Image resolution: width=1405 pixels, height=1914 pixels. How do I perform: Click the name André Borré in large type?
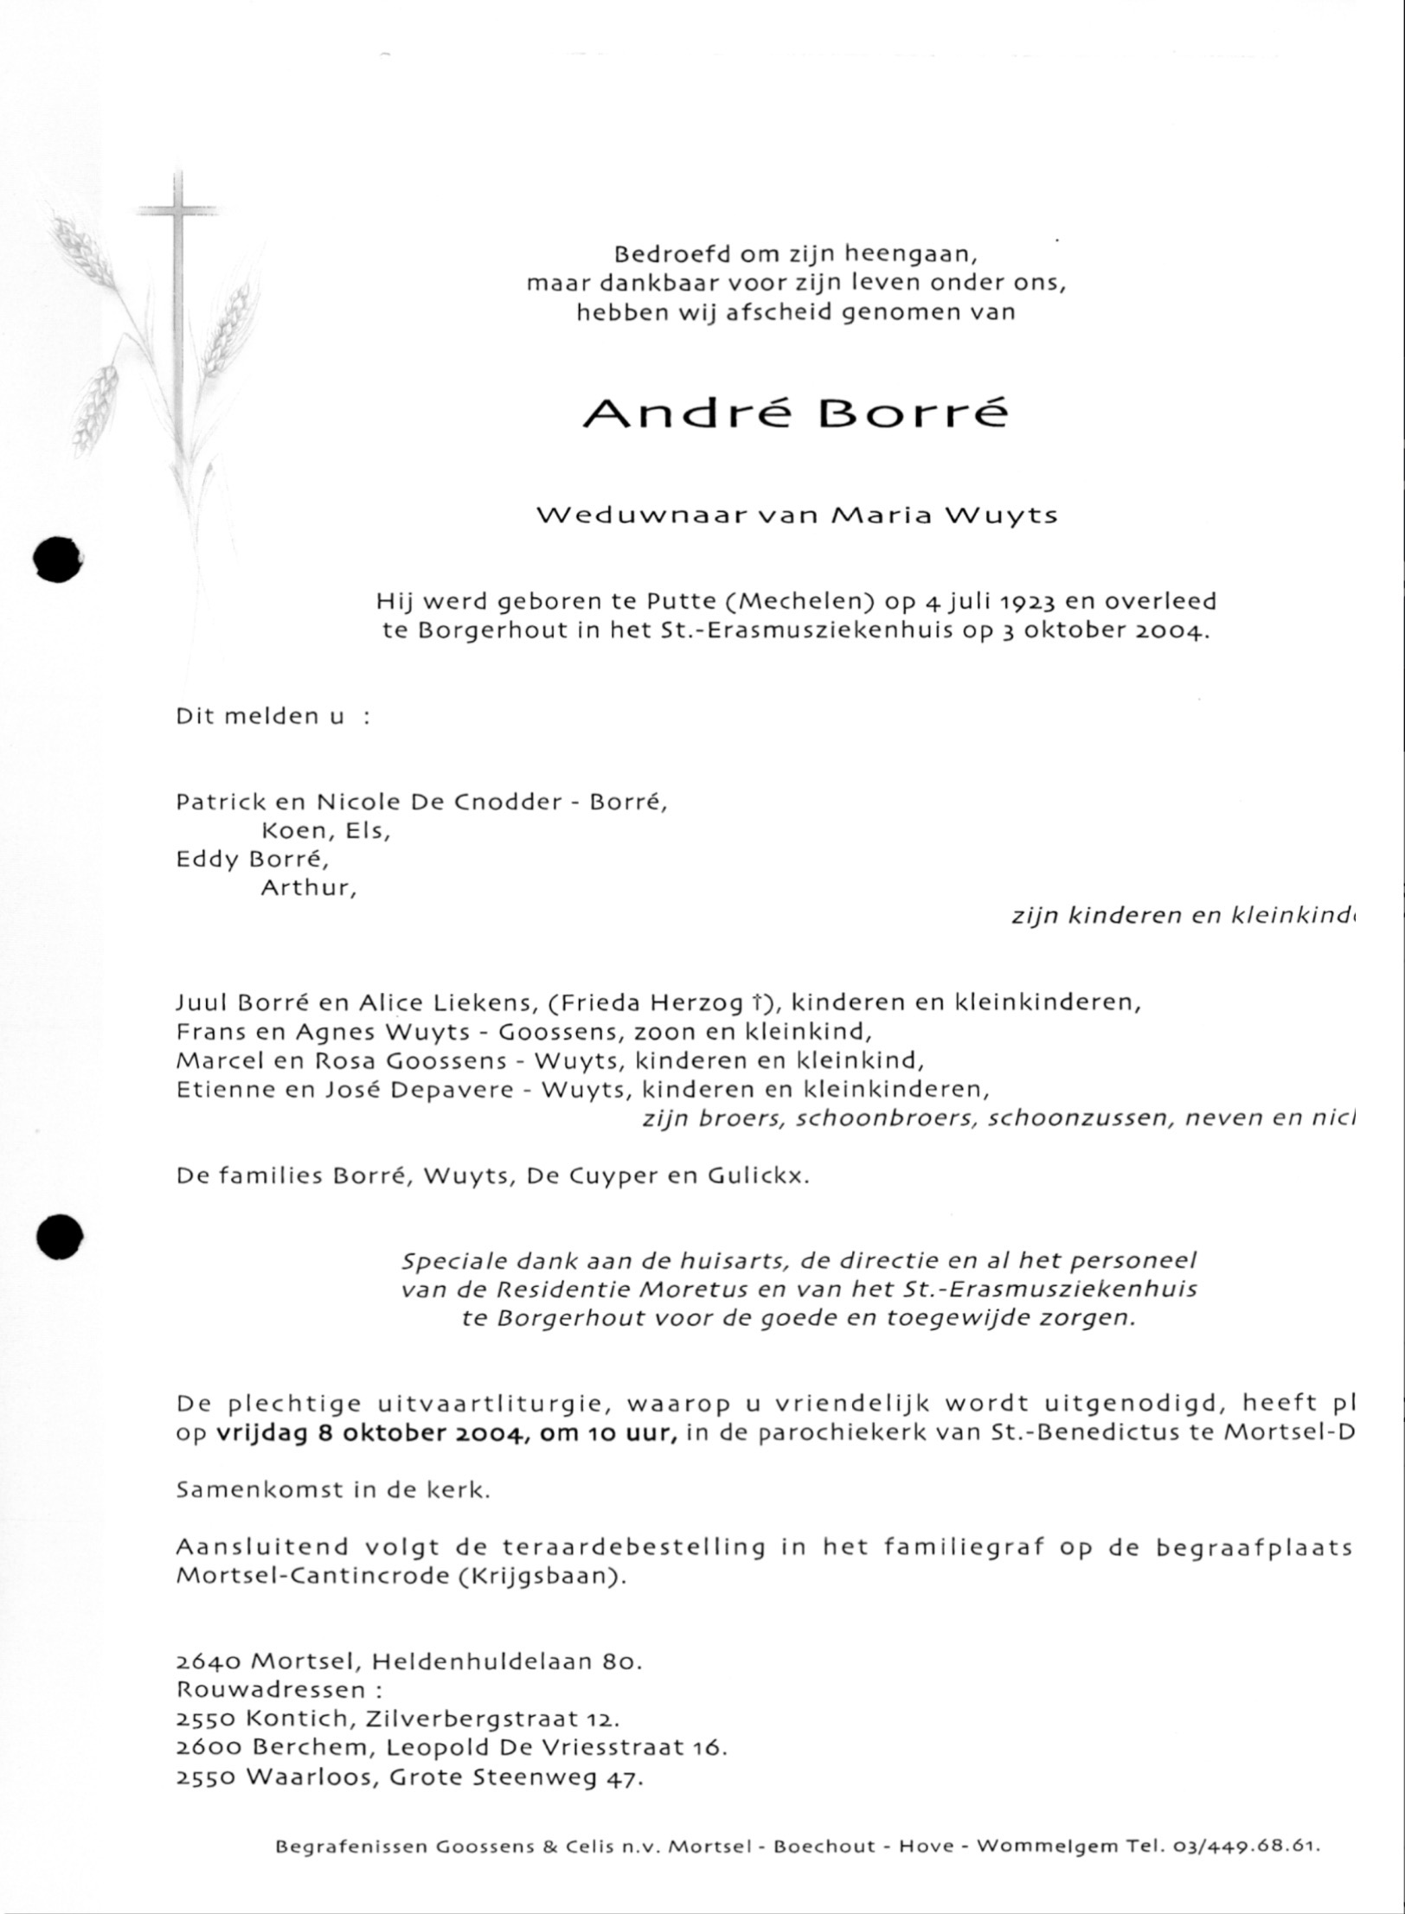pos(795,413)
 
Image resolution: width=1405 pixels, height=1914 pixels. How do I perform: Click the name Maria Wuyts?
pos(943,516)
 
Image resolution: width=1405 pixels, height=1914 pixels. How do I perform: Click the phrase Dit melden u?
pos(260,717)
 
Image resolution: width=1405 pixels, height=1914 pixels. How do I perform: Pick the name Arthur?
pos(308,888)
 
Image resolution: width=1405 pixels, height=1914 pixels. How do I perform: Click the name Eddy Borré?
pos(252,860)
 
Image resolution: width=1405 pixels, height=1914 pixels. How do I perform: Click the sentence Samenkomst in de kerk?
pos(333,1490)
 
